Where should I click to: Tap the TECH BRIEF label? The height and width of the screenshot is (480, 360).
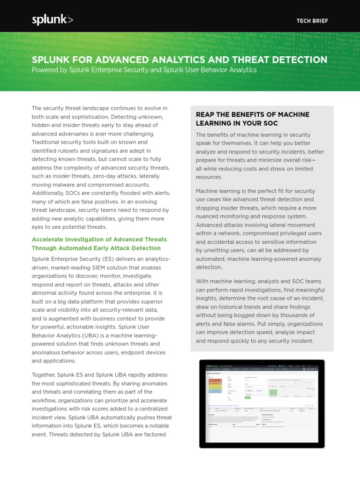point(313,21)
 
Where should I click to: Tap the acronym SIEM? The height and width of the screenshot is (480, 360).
point(96,267)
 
